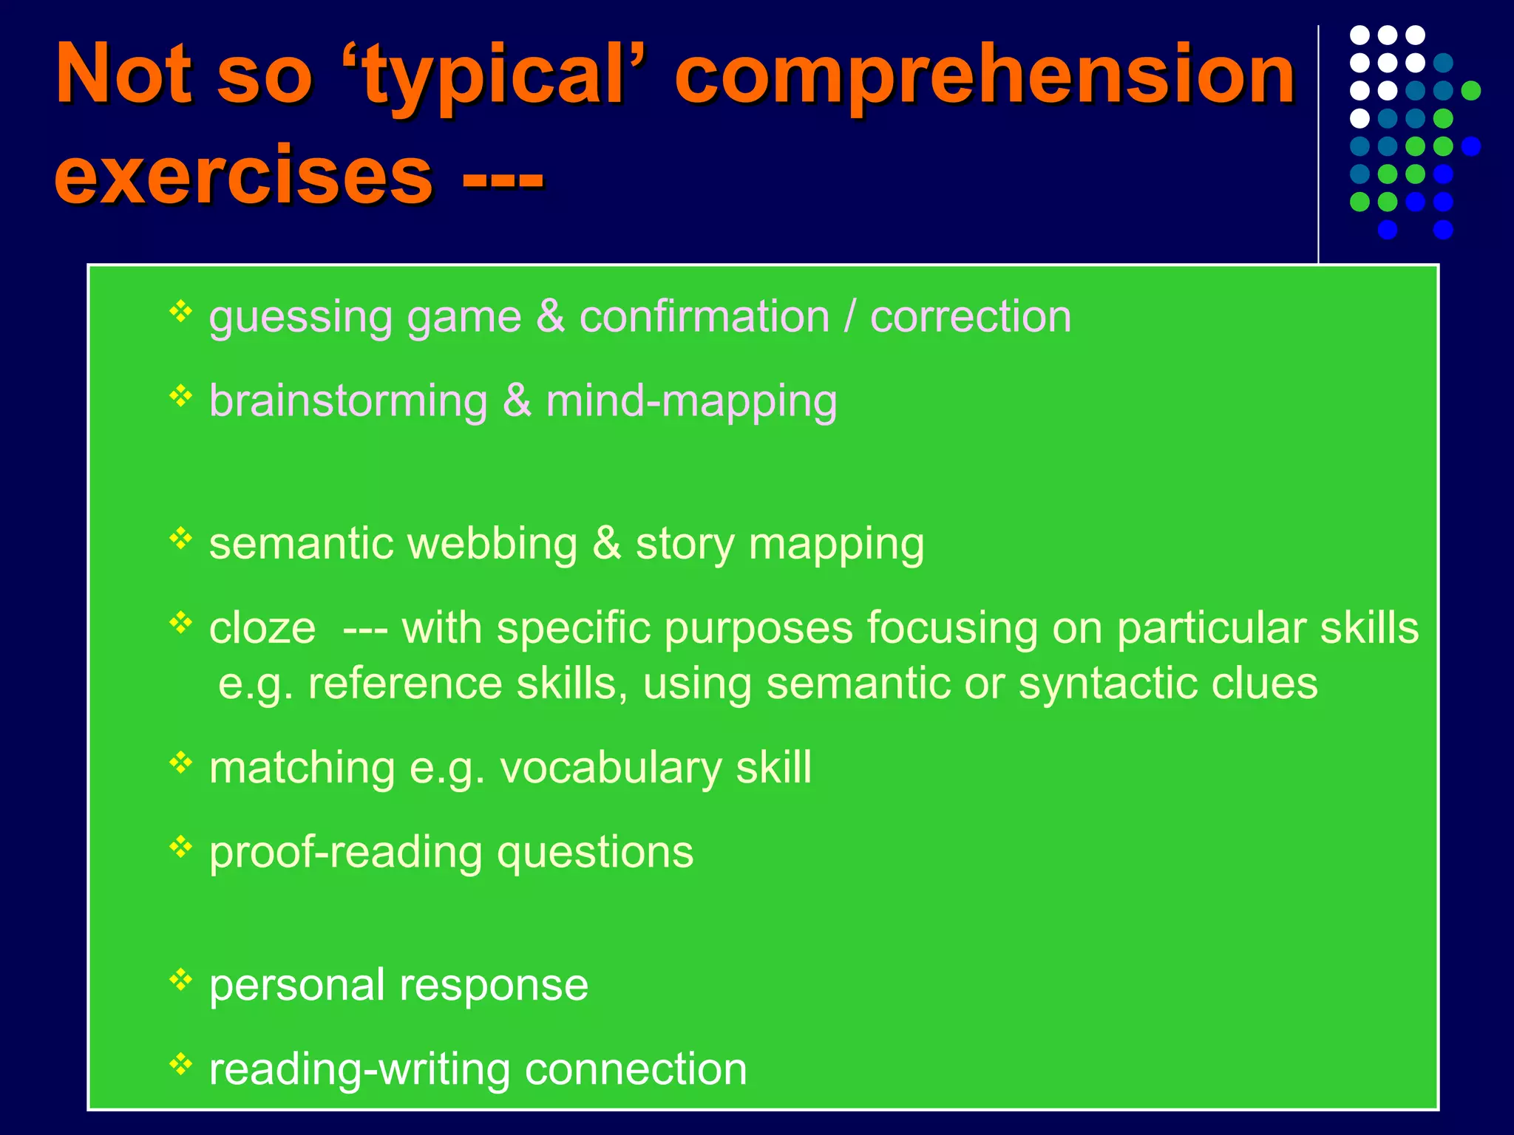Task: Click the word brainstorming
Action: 348,401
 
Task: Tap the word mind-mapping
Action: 691,402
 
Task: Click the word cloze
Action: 262,628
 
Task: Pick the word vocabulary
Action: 611,768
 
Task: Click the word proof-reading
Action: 345,853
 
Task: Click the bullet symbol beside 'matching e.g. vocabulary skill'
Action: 180,762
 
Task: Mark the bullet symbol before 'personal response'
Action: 180,980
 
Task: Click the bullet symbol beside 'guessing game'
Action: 180,312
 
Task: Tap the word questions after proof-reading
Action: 595,853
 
